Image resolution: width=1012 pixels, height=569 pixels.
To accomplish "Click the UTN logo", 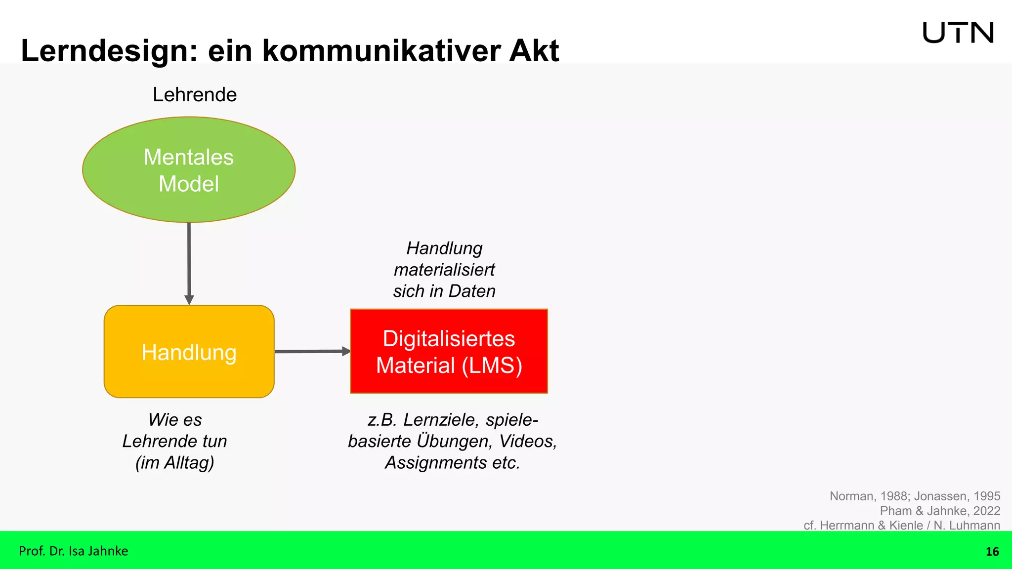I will (x=958, y=33).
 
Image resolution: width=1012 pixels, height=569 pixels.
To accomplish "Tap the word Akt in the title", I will (x=534, y=51).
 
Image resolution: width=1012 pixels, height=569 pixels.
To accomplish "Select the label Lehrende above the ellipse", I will (x=195, y=94).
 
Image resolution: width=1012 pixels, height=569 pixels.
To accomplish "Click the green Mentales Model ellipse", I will (x=189, y=170).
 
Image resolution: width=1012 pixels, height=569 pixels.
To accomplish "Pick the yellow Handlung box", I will (x=189, y=352).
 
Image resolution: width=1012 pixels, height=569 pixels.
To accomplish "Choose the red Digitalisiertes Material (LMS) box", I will (x=449, y=351).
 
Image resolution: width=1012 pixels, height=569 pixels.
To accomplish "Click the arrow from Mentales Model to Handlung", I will (x=189, y=262).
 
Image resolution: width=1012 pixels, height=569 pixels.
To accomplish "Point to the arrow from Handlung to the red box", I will (x=311, y=351).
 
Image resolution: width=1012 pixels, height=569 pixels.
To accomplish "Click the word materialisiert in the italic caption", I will (x=444, y=270).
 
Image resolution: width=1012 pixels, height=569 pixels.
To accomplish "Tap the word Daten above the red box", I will (x=472, y=291).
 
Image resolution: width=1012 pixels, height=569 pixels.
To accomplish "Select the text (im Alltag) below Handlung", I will (x=175, y=463).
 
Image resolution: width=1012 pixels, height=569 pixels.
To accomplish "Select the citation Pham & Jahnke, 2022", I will (x=940, y=511).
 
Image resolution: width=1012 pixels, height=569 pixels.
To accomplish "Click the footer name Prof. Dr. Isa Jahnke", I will (x=73, y=551).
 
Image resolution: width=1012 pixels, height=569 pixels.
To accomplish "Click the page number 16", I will (x=992, y=552).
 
